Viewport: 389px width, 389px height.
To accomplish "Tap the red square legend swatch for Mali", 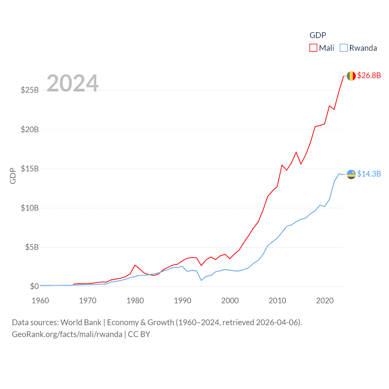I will [x=313, y=48].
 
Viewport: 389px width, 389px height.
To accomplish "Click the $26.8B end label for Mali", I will [x=369, y=75].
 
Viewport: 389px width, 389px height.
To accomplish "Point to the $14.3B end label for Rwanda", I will [x=369, y=174].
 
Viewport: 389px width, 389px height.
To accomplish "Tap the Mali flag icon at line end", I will [x=351, y=76].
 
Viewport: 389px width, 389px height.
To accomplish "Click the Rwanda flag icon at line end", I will [x=351, y=174].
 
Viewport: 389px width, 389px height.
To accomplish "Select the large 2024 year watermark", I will [x=73, y=83].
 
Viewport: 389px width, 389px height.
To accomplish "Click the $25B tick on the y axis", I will [x=30, y=90].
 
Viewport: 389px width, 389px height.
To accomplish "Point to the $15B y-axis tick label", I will [x=30, y=169].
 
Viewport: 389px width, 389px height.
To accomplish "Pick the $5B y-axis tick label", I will [x=32, y=247].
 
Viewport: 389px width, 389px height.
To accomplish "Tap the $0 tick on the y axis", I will [x=34, y=286].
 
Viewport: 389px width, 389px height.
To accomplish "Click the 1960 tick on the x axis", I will [x=40, y=301].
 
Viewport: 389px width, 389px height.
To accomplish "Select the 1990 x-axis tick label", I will [x=183, y=301].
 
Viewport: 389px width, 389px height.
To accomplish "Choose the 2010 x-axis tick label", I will [x=277, y=301].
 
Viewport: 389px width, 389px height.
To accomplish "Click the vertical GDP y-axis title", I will [x=13, y=176].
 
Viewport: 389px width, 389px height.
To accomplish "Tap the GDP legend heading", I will [x=318, y=35].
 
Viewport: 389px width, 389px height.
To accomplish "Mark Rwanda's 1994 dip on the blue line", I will [x=201, y=280].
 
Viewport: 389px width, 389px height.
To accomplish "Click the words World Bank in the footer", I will [x=81, y=322].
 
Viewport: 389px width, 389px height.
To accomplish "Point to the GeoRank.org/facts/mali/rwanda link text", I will [x=67, y=334].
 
